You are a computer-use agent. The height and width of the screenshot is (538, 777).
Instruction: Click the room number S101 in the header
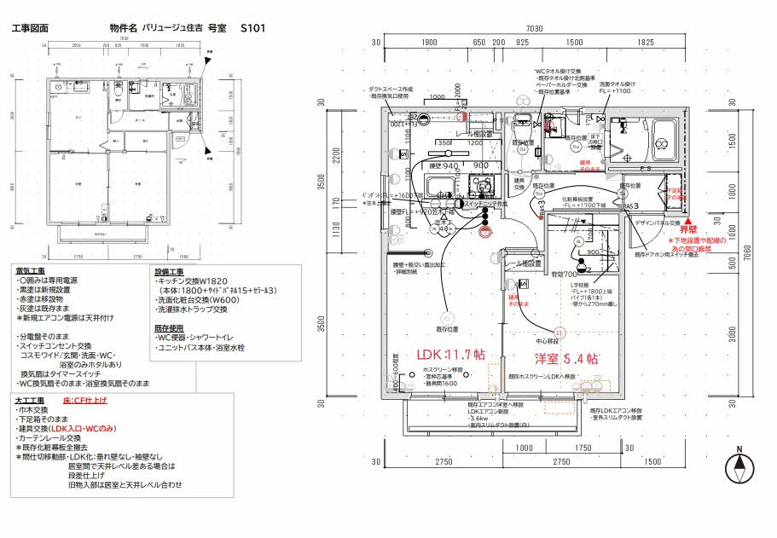point(253,28)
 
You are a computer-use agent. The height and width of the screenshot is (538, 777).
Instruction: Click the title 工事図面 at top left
point(30,28)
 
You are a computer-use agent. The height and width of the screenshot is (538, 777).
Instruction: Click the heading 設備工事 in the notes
point(169,271)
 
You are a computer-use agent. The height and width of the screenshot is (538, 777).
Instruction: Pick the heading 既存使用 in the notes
point(169,327)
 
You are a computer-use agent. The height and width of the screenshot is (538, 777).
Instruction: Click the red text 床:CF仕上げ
point(86,399)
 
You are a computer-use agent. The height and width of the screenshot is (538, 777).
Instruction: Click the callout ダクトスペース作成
point(391,89)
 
